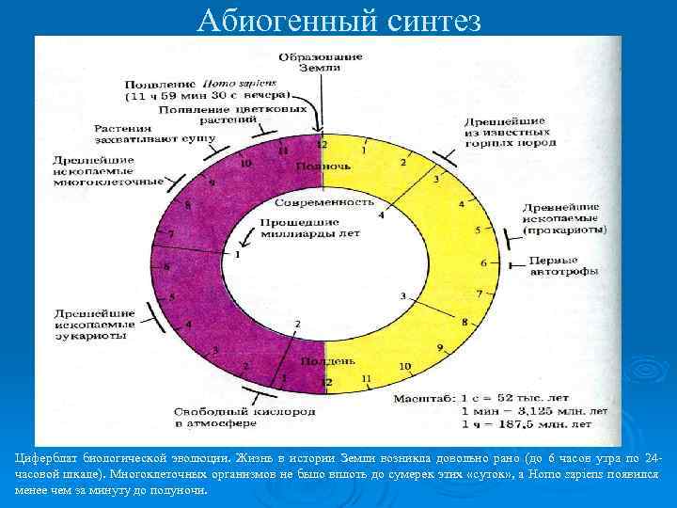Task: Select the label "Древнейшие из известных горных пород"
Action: coord(510,133)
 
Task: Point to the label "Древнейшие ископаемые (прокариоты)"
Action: coord(564,217)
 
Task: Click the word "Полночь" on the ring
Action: coord(323,167)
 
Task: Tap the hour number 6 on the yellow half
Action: coord(483,262)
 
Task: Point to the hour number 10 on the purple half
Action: coord(246,163)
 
